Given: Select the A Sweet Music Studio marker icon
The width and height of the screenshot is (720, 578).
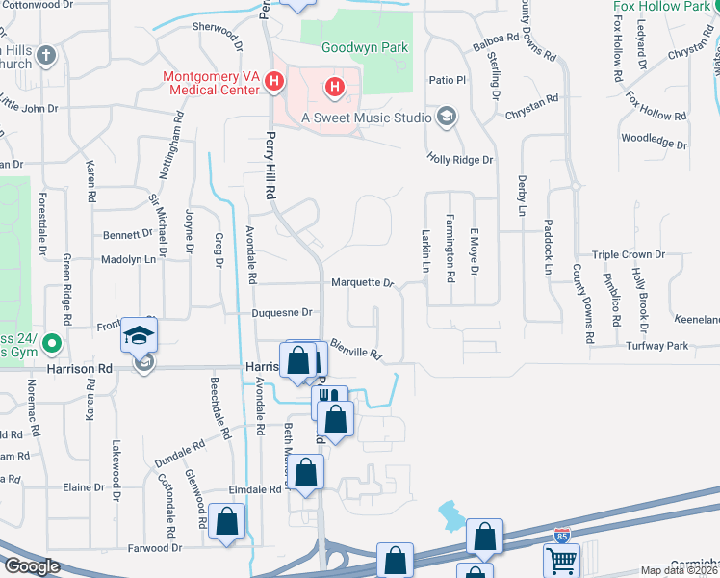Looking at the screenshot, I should pyautogui.click(x=446, y=118).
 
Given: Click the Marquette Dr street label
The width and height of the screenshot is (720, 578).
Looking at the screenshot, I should pyautogui.click(x=363, y=283).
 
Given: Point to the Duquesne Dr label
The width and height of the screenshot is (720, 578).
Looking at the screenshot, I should pyautogui.click(x=282, y=313).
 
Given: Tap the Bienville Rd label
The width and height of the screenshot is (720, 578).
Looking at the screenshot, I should pyautogui.click(x=356, y=349).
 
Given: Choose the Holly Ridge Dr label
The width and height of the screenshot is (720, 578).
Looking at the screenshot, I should pyautogui.click(x=460, y=160).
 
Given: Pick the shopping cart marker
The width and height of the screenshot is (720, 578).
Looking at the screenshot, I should pyautogui.click(x=561, y=559).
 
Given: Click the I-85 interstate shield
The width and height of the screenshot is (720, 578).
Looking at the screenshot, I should pyautogui.click(x=561, y=536).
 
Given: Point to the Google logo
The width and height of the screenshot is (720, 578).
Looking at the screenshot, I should pyautogui.click(x=31, y=566).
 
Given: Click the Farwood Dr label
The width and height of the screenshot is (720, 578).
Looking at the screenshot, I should pyautogui.click(x=155, y=548).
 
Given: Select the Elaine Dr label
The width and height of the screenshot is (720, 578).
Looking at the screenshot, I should pyautogui.click(x=76, y=487).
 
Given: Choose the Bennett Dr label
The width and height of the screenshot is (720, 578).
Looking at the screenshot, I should pyautogui.click(x=128, y=234).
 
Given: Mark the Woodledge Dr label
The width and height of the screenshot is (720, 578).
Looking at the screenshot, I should pyautogui.click(x=654, y=141).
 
